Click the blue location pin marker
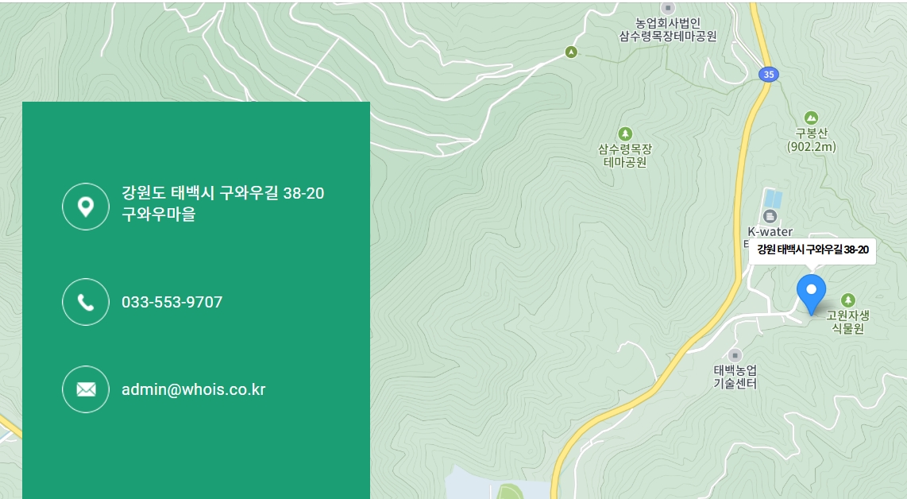click(x=811, y=292)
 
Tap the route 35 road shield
click(x=767, y=75)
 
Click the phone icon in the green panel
click(x=86, y=302)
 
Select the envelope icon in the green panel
click(x=86, y=389)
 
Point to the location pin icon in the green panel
click(x=86, y=207)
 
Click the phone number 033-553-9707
click(x=172, y=302)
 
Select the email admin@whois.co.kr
click(x=193, y=389)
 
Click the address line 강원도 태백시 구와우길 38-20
click(x=222, y=193)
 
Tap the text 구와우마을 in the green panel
click(x=158, y=215)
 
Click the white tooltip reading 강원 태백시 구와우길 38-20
click(x=812, y=250)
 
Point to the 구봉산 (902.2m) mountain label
click(x=811, y=140)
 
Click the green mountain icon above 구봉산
click(x=811, y=118)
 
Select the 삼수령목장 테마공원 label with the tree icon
click(x=625, y=156)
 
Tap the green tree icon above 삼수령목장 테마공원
click(x=626, y=133)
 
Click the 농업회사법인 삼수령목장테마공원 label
click(x=668, y=29)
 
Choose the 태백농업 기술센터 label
click(x=735, y=377)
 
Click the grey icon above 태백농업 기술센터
click(x=735, y=355)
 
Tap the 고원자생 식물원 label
click(x=847, y=322)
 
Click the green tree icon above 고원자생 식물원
click(x=848, y=300)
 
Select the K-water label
click(x=770, y=232)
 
